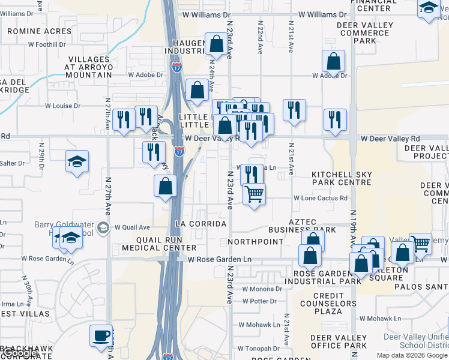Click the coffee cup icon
point(101,335)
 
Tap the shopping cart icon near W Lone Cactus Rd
point(255,194)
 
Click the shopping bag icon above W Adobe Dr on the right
point(333,61)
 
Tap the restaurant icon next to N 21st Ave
point(294,110)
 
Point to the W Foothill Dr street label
point(46,44)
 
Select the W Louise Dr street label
point(62,106)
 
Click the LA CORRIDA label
point(200,224)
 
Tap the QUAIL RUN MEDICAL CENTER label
point(159,242)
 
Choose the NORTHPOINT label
point(256,241)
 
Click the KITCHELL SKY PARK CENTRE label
point(342,178)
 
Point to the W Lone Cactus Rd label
point(321,198)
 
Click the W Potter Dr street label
point(259,301)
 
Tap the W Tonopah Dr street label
point(257,348)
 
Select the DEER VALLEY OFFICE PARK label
point(339,342)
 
